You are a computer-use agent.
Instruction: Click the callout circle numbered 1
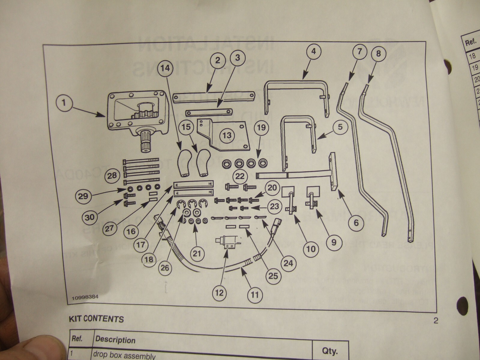pos(64,103)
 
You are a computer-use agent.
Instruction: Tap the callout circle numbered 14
pos(165,68)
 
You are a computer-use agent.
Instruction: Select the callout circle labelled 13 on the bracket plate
pos(227,136)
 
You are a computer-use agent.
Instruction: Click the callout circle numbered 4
pos(313,51)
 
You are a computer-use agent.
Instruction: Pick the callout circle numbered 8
pos(378,53)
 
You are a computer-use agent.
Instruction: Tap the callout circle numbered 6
pos(356,223)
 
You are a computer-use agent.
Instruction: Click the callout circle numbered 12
pos(220,292)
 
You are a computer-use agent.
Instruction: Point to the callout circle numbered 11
pos(255,294)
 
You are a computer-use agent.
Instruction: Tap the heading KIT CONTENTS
pos(96,319)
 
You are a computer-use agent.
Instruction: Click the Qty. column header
pos(330,351)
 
